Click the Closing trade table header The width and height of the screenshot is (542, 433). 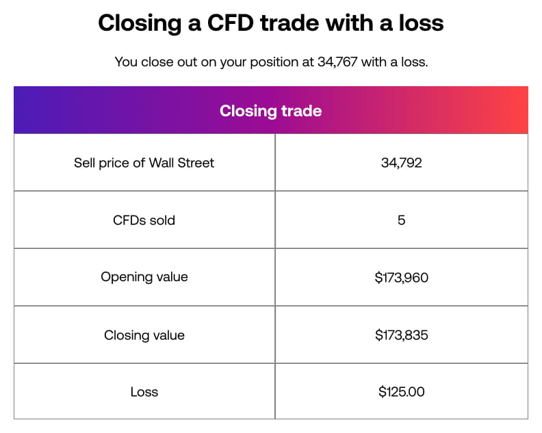270,111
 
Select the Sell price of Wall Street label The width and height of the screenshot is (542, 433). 144,163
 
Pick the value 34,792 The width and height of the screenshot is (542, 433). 401,163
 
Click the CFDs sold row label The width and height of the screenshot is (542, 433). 144,220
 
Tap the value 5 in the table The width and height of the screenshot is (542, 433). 401,220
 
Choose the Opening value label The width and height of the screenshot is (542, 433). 144,277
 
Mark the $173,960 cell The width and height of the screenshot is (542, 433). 401,278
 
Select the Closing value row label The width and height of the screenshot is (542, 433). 144,335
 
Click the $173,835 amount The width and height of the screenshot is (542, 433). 401,335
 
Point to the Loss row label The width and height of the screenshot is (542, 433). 144,392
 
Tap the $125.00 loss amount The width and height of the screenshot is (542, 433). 401,392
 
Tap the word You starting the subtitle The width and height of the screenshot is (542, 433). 127,62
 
